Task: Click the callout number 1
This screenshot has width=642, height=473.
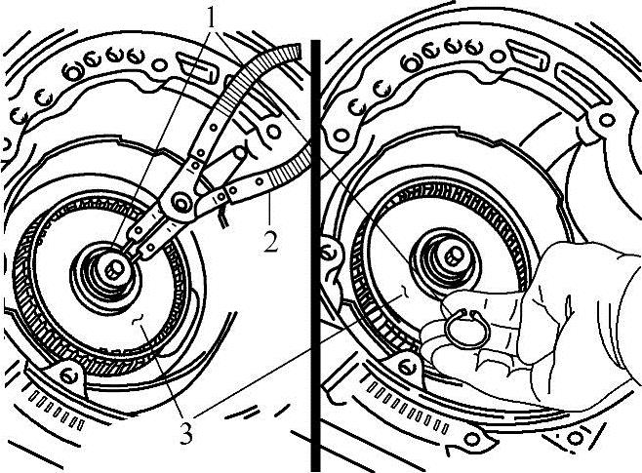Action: [x=212, y=18]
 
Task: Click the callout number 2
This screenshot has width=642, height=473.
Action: [x=270, y=242]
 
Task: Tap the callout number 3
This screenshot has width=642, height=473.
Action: [x=186, y=433]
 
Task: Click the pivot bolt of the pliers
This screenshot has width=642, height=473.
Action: [x=180, y=202]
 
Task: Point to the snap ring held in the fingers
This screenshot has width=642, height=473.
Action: [x=465, y=328]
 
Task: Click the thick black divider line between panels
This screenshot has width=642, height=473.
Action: [x=315, y=256]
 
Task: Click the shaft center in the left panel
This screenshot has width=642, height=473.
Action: [x=113, y=269]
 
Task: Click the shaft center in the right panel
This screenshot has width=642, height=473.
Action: [x=452, y=256]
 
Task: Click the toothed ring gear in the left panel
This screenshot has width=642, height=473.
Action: [x=24, y=287]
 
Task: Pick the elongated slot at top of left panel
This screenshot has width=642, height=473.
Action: [x=195, y=66]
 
